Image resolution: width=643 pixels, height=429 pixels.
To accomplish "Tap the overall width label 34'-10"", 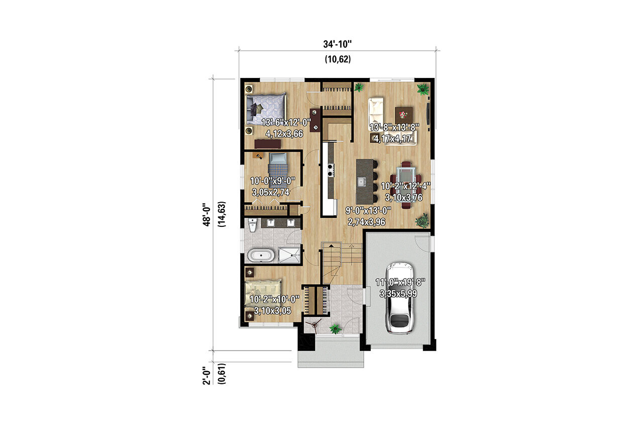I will (337, 44).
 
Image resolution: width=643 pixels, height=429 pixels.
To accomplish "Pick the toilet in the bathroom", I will (252, 225).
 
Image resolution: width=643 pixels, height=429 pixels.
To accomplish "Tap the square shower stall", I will (289, 255).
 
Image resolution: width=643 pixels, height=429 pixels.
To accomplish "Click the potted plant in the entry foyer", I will (335, 329).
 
